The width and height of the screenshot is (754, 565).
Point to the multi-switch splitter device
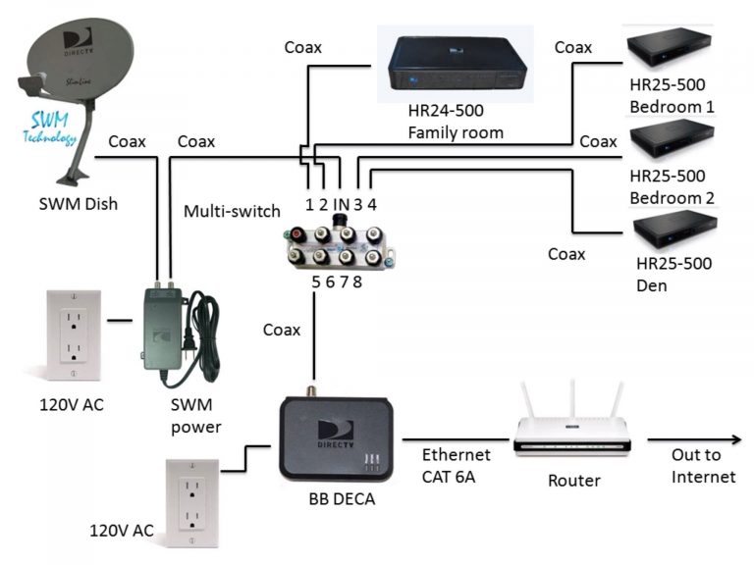(339, 246)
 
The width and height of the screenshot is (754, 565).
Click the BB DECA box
(338, 437)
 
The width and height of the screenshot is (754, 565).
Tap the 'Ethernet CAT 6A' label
(456, 466)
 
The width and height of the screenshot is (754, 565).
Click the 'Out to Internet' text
(703, 466)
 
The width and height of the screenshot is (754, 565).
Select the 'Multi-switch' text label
(233, 211)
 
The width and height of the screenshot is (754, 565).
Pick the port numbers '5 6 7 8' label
(337, 282)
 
